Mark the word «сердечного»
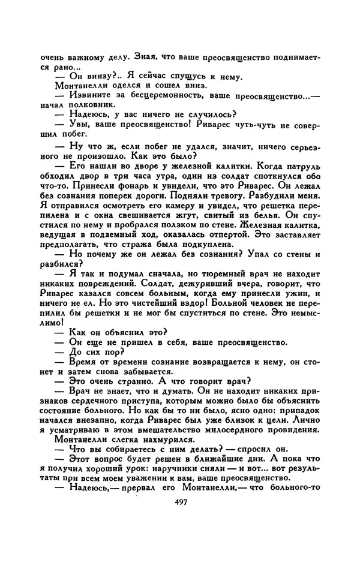[94, 405]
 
